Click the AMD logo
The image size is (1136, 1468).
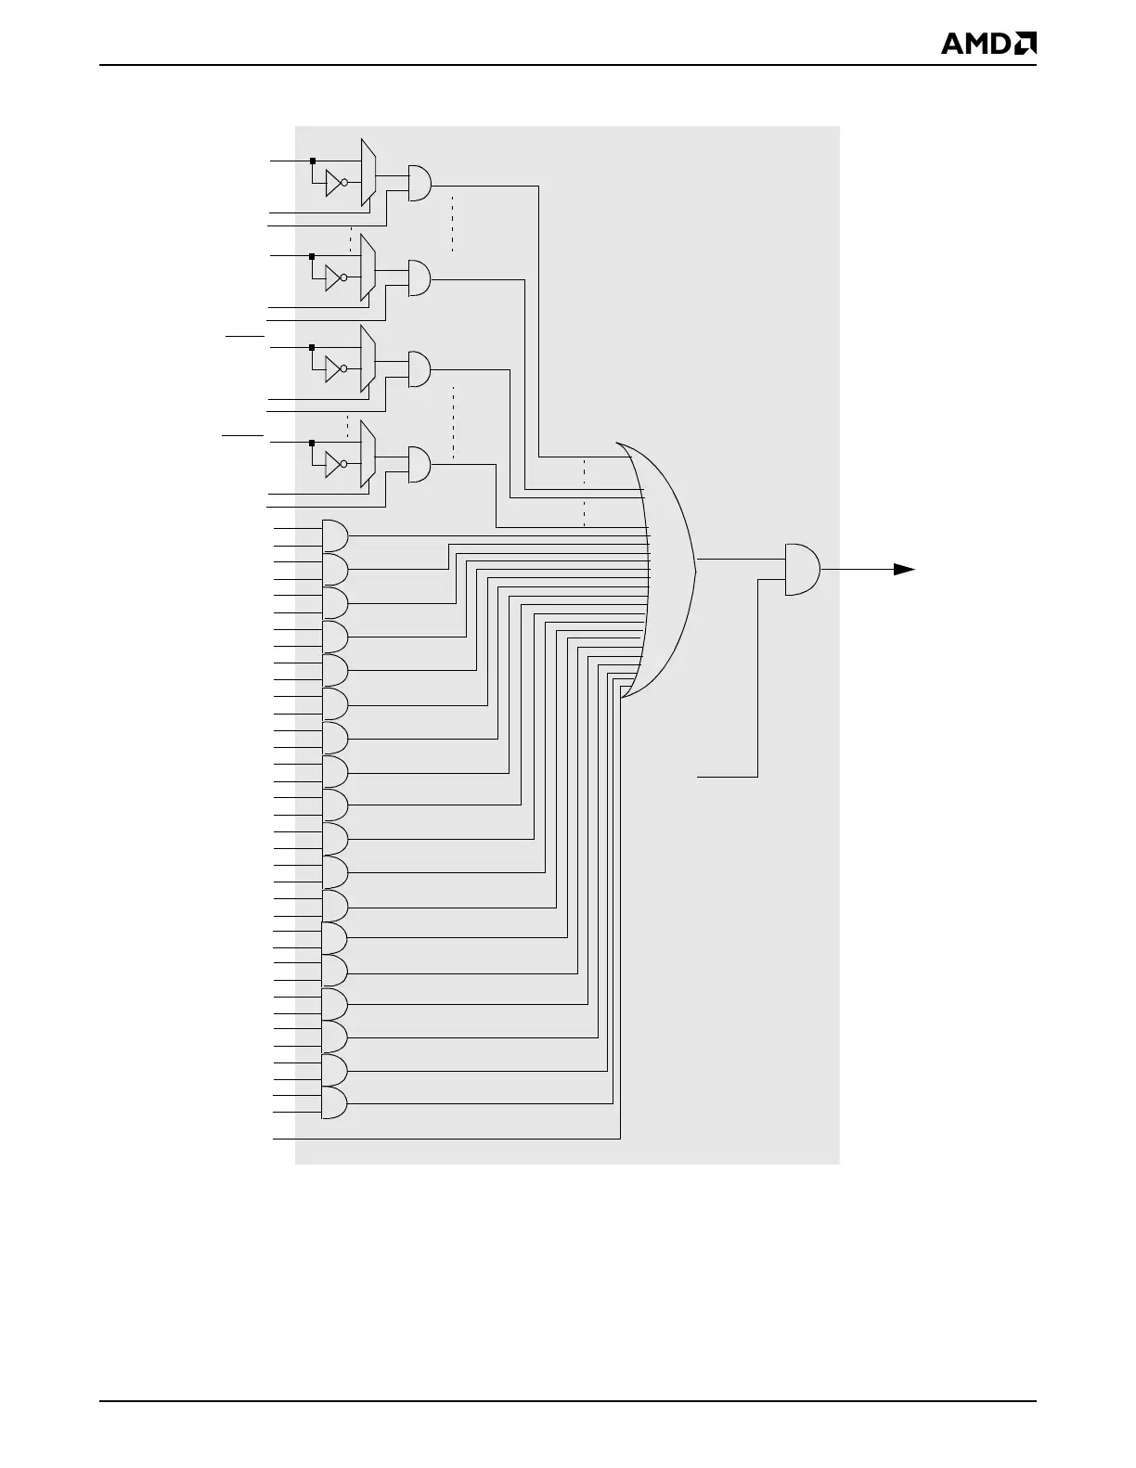point(988,44)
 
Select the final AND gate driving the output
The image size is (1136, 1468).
point(802,569)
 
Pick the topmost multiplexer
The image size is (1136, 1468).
point(368,173)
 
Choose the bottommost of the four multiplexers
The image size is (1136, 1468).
point(368,455)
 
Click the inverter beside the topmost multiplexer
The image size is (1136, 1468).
point(335,183)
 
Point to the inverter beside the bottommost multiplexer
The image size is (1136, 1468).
point(335,464)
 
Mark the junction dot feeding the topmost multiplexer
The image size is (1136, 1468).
point(313,161)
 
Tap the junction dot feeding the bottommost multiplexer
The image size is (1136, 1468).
point(313,443)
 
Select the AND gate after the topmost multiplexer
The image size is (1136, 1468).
point(420,183)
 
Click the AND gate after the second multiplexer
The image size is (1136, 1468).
point(420,277)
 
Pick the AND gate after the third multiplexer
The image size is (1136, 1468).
point(420,368)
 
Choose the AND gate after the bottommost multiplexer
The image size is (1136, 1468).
point(420,465)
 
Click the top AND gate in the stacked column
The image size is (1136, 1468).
point(334,535)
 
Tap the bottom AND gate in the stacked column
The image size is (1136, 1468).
point(334,1103)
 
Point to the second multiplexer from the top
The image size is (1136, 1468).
point(368,267)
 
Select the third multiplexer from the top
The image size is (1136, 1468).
point(368,358)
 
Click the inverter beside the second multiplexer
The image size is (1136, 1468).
point(335,277)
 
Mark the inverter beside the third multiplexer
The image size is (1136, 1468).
point(335,368)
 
